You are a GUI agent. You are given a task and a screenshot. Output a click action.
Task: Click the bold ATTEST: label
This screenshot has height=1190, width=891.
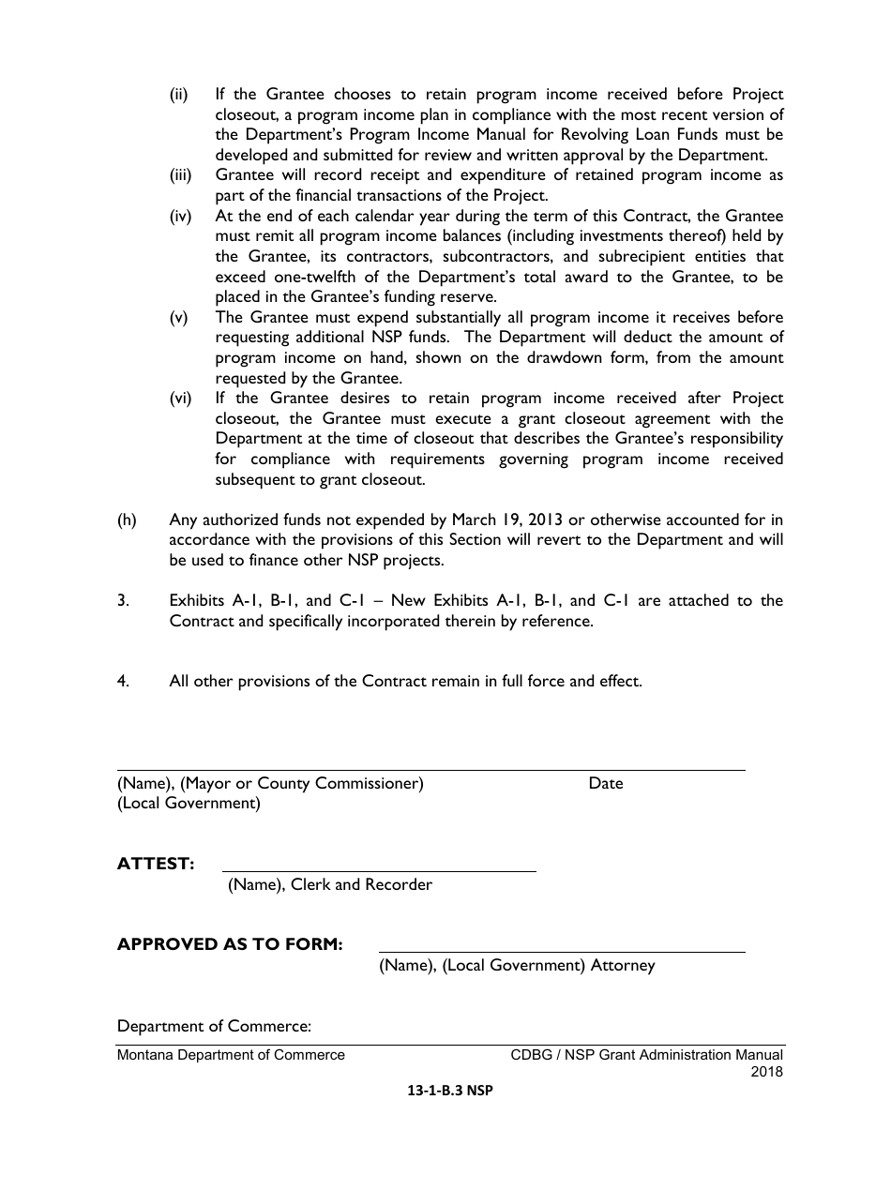[156, 864]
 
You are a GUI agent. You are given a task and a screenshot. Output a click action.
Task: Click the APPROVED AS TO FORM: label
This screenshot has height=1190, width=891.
[230, 944]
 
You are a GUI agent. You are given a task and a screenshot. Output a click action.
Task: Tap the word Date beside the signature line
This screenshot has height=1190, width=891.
[605, 783]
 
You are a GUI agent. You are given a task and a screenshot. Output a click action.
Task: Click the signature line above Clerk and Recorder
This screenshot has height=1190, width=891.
[379, 871]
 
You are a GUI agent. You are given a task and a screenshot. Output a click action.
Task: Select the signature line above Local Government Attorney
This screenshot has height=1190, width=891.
[561, 952]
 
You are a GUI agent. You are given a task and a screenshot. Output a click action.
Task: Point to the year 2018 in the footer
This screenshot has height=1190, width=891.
[766, 1071]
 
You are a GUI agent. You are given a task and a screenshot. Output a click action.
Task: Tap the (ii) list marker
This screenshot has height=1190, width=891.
[179, 95]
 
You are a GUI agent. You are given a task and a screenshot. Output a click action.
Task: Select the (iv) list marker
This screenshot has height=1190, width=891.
[180, 217]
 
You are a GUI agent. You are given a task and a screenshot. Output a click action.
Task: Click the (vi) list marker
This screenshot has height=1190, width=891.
[180, 399]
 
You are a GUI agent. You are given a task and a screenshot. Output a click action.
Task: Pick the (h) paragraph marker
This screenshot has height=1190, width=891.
[127, 520]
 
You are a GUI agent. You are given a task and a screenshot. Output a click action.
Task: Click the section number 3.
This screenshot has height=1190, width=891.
[123, 600]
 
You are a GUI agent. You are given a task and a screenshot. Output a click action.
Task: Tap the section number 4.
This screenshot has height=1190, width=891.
[123, 681]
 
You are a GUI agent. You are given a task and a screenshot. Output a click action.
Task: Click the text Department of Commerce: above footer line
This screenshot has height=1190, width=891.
[214, 1026]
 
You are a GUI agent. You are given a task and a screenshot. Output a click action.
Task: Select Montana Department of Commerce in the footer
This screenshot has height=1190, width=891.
[231, 1055]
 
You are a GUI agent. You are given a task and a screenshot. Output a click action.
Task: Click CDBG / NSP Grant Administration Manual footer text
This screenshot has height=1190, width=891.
[646, 1055]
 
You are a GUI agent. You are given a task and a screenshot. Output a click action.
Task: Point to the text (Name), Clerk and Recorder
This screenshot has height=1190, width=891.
[330, 884]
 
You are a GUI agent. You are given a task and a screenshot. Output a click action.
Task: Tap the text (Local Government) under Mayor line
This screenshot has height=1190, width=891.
[189, 803]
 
